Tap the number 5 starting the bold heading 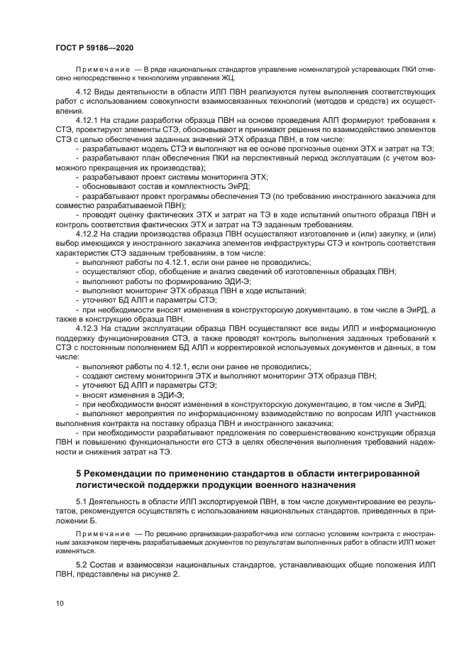click(78, 473)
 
